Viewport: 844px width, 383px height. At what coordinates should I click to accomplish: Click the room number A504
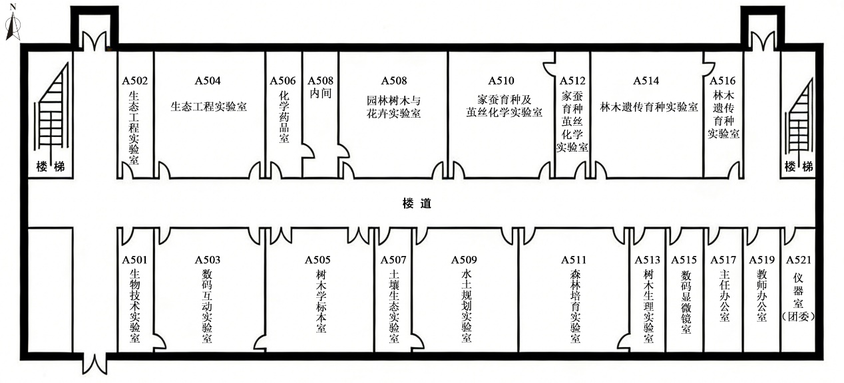208,81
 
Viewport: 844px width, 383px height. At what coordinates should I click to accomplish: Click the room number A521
799,259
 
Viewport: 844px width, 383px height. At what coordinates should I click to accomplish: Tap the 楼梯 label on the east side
799,166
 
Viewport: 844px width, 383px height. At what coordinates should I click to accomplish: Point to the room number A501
134,259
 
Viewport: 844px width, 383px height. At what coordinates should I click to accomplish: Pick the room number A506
283,81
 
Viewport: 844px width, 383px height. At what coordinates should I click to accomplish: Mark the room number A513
648,259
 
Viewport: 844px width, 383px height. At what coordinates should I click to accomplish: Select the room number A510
501,81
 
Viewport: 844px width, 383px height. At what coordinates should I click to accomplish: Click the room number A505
318,259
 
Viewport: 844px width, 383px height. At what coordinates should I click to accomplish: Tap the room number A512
572,81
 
